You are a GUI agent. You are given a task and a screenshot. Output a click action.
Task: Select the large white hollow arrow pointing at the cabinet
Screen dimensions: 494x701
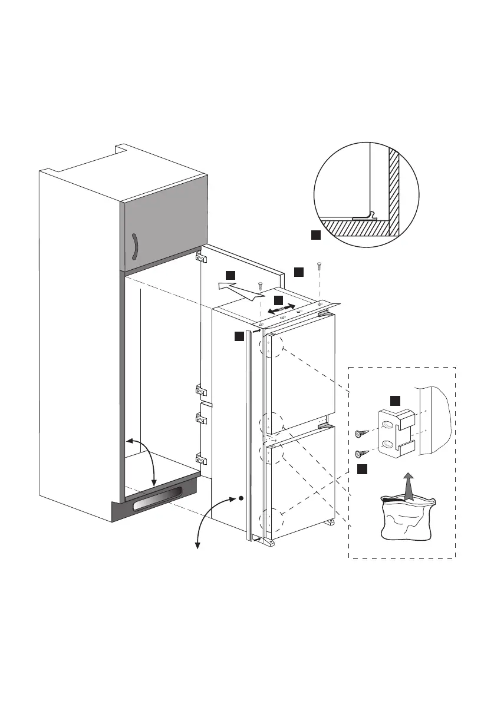(x=239, y=289)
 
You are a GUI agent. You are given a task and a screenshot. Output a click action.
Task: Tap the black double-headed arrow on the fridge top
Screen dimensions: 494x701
(x=281, y=309)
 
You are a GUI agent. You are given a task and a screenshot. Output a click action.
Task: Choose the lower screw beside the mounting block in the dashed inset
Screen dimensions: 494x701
(x=361, y=454)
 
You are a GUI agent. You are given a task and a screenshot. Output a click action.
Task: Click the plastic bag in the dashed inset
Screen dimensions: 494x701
(x=407, y=518)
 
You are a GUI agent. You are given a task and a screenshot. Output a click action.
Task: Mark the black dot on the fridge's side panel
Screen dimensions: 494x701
(x=241, y=498)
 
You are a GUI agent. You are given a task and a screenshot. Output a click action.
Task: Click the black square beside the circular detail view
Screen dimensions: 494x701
(x=315, y=235)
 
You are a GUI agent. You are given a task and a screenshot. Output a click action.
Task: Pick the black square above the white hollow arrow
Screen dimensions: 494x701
(x=230, y=275)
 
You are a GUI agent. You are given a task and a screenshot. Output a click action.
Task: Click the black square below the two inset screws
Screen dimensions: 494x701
(x=362, y=469)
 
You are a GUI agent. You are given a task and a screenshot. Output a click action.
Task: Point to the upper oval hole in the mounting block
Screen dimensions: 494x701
(x=387, y=425)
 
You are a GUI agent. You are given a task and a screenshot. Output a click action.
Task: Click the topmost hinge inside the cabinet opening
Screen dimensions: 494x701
(x=200, y=257)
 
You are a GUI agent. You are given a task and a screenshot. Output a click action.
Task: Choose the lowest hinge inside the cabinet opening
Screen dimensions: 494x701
(x=200, y=459)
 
